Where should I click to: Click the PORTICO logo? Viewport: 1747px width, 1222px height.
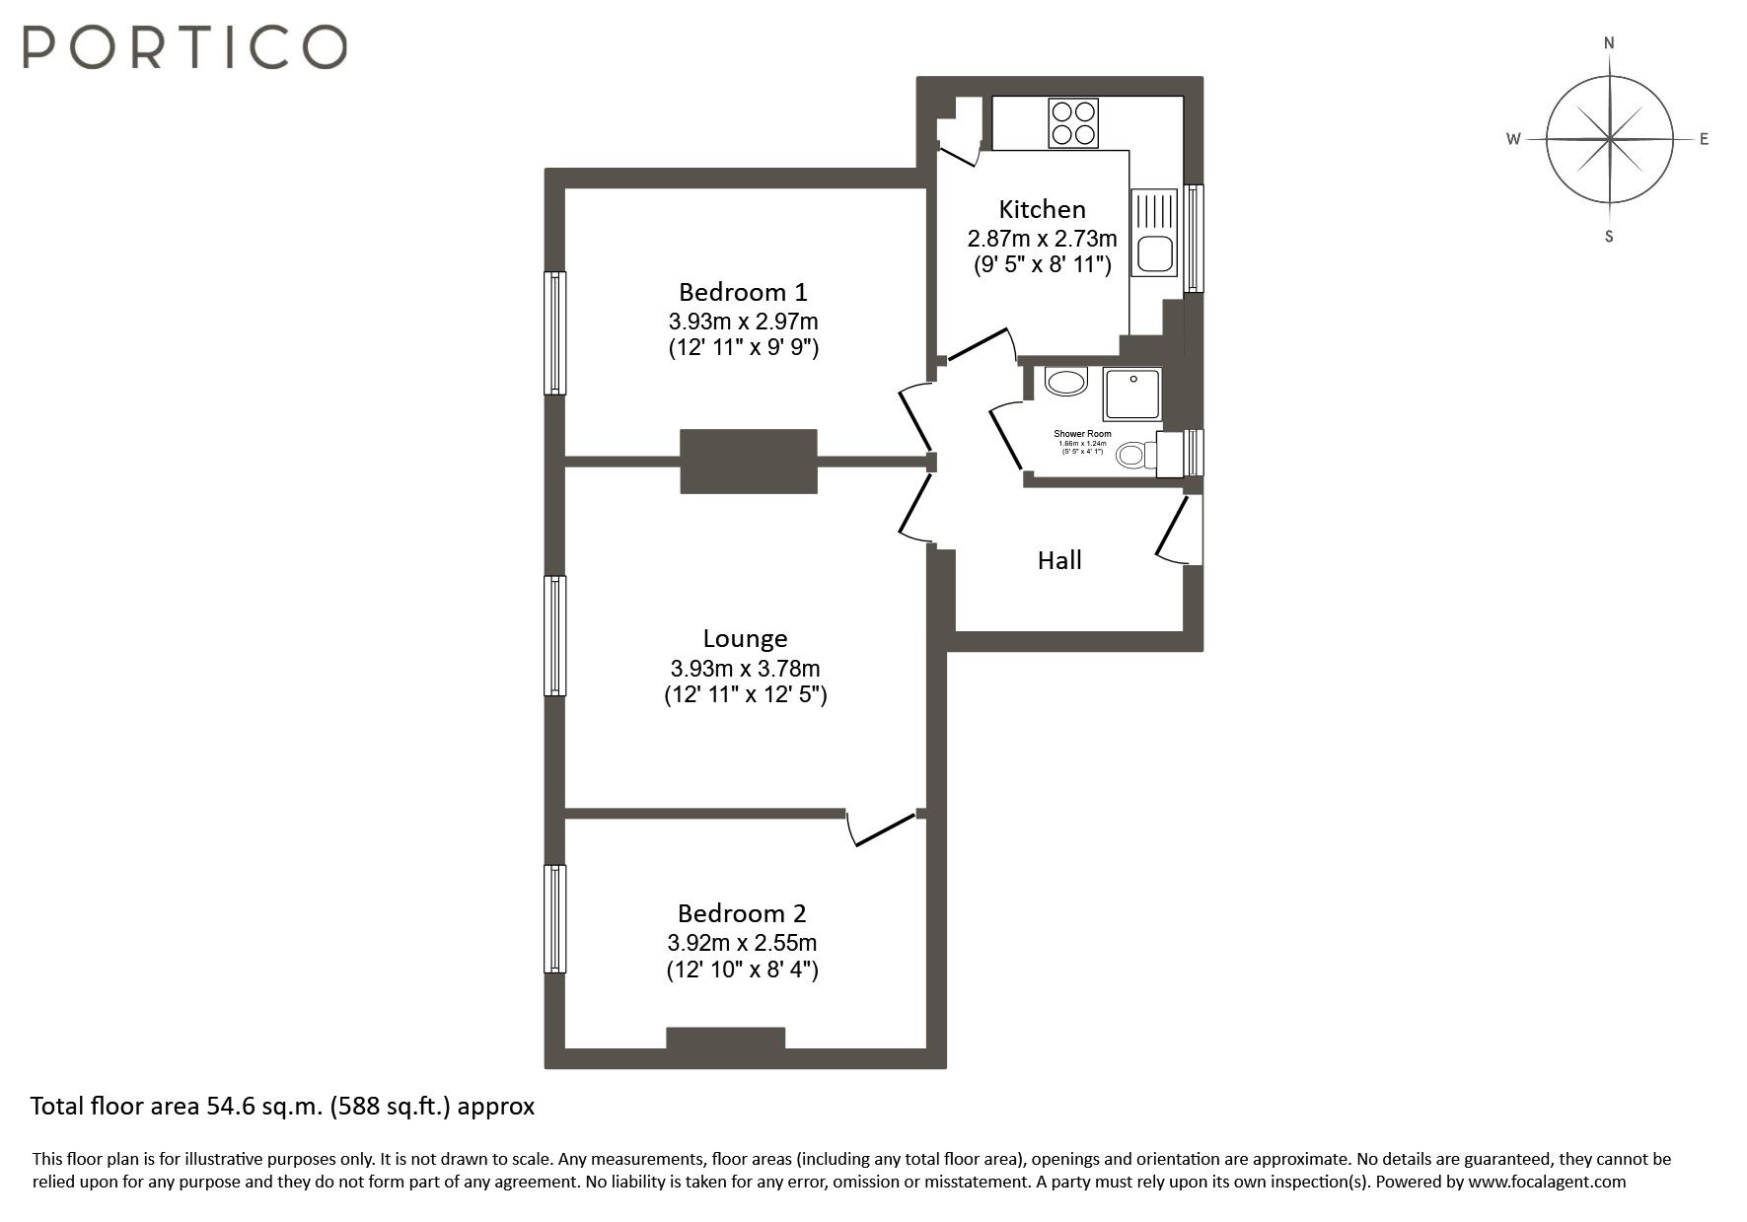coord(184,46)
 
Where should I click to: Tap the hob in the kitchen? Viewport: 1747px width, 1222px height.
coord(1073,124)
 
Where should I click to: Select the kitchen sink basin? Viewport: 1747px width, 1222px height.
coord(1154,253)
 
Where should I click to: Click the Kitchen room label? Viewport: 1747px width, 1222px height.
coord(1042,209)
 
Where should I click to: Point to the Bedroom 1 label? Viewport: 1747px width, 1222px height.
coord(743,292)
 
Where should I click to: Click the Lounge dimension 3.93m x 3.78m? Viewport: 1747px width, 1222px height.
coord(745,668)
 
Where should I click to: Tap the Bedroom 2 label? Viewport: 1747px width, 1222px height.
coord(742,912)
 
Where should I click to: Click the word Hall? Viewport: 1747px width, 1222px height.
coord(1059,560)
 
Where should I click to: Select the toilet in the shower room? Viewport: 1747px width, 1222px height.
coord(1136,455)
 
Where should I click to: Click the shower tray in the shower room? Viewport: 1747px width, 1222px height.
coord(1132,393)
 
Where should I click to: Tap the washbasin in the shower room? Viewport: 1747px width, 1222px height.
coord(1064,382)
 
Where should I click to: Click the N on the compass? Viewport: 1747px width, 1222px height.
coord(1609,42)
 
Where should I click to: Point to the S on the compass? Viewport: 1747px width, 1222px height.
coord(1609,237)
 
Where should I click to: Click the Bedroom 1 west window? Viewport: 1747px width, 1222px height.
coord(555,333)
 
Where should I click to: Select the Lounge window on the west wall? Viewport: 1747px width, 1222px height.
coord(555,636)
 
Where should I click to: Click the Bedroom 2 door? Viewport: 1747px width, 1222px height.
coord(883,829)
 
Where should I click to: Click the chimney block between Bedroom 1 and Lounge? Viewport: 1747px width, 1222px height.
coord(749,461)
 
